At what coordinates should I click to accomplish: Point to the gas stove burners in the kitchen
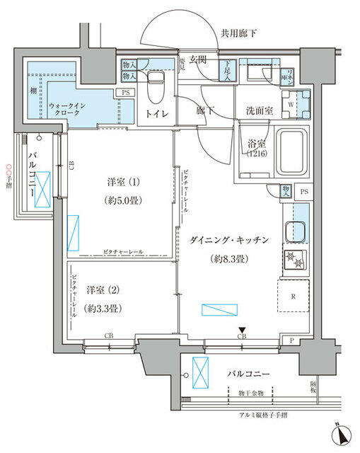click(296, 260)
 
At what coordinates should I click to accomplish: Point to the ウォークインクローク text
click(68, 109)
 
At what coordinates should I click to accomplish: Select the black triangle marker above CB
click(242, 329)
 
